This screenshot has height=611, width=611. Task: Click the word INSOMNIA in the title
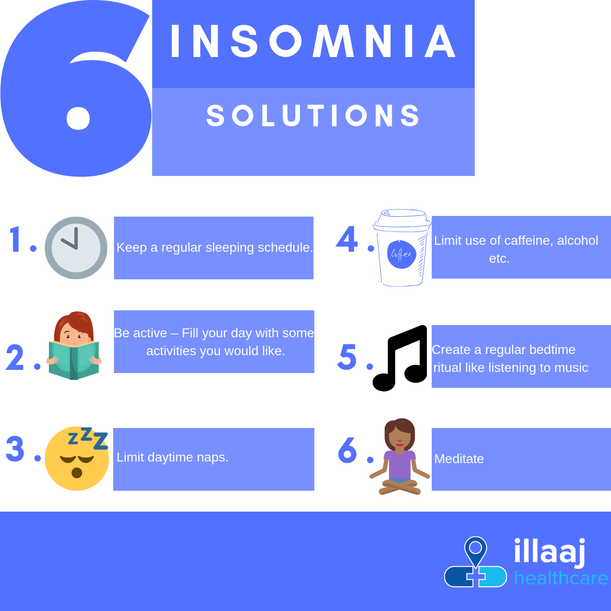[x=313, y=41]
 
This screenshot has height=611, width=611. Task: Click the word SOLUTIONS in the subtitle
[x=313, y=115]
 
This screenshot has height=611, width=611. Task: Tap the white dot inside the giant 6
[x=78, y=118]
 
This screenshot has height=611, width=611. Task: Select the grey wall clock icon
[x=76, y=248]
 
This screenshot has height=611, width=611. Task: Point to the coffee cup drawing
[x=402, y=248]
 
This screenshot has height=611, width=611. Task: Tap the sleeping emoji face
[x=77, y=459]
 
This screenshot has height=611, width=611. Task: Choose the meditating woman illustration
[x=400, y=457]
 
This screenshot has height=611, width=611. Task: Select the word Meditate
[x=459, y=459]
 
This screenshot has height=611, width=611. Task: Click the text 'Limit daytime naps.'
[x=172, y=457]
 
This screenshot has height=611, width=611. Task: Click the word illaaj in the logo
[x=550, y=552]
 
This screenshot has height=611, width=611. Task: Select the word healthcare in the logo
[x=561, y=578]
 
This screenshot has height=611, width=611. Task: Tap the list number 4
[x=347, y=239]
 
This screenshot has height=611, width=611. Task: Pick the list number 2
[x=15, y=357]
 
